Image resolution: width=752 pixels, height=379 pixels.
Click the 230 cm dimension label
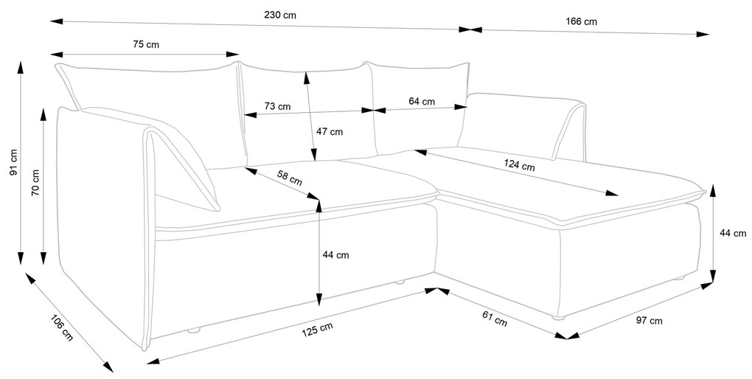coord(280,15)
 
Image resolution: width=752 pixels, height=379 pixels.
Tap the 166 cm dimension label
coord(581,21)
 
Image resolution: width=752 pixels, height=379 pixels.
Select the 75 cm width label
coord(146,45)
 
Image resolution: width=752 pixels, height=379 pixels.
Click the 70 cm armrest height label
coord(35,183)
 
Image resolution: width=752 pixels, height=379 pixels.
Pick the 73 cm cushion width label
coord(277,106)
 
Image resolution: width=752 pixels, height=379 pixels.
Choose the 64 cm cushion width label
coord(422,101)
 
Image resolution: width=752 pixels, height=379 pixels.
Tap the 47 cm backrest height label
coord(330,131)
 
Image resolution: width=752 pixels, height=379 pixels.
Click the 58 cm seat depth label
coord(290,178)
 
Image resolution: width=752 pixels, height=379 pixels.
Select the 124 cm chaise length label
coord(519,165)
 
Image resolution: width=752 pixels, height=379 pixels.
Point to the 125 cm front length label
coord(317,330)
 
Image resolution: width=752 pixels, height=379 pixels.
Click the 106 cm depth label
coord(61,327)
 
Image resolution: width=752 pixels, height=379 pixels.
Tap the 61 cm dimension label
coord(495,319)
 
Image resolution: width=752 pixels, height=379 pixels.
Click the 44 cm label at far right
coord(734,233)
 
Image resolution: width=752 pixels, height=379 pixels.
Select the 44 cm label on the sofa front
coord(335,254)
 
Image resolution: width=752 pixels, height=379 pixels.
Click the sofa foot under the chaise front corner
coord(558,317)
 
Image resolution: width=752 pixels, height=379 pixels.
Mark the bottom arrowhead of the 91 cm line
coord(20,258)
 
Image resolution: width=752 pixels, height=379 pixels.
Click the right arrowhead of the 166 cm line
coord(703,34)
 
